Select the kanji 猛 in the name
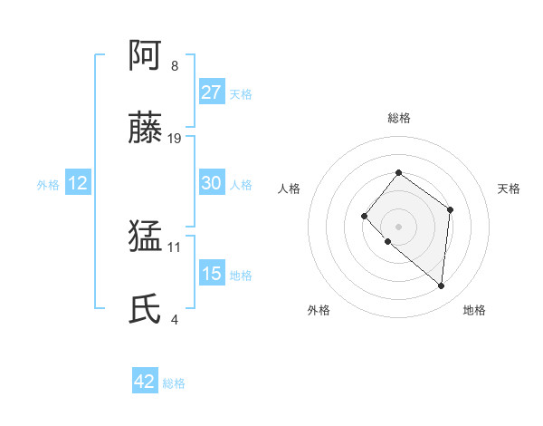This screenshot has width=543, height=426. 146,237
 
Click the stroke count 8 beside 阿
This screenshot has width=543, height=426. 174,66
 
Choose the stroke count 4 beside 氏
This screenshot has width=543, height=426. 174,319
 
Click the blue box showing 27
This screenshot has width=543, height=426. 211,92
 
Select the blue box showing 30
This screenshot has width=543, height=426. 211,183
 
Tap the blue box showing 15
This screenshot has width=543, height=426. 211,274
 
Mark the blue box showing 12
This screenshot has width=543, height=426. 77,183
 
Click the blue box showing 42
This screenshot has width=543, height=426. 144,382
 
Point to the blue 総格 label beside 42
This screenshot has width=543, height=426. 174,383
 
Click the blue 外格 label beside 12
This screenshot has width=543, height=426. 48,185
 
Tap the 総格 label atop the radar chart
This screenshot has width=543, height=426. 398,118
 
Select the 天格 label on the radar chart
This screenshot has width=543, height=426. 509,189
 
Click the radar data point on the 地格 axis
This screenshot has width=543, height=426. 442,286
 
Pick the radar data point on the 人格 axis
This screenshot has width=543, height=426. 364,215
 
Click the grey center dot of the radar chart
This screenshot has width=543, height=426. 398,226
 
